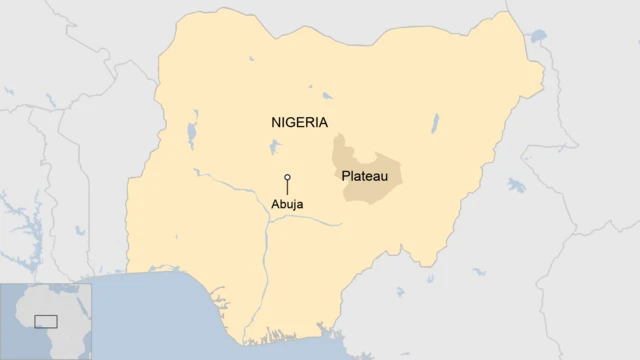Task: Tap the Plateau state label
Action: pyautogui.click(x=365, y=176)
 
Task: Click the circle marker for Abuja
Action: pyautogui.click(x=287, y=177)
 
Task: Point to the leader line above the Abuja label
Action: pyautogui.click(x=287, y=188)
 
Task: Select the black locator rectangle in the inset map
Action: pyautogui.click(x=45, y=321)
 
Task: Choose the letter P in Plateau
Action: pyautogui.click(x=346, y=176)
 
